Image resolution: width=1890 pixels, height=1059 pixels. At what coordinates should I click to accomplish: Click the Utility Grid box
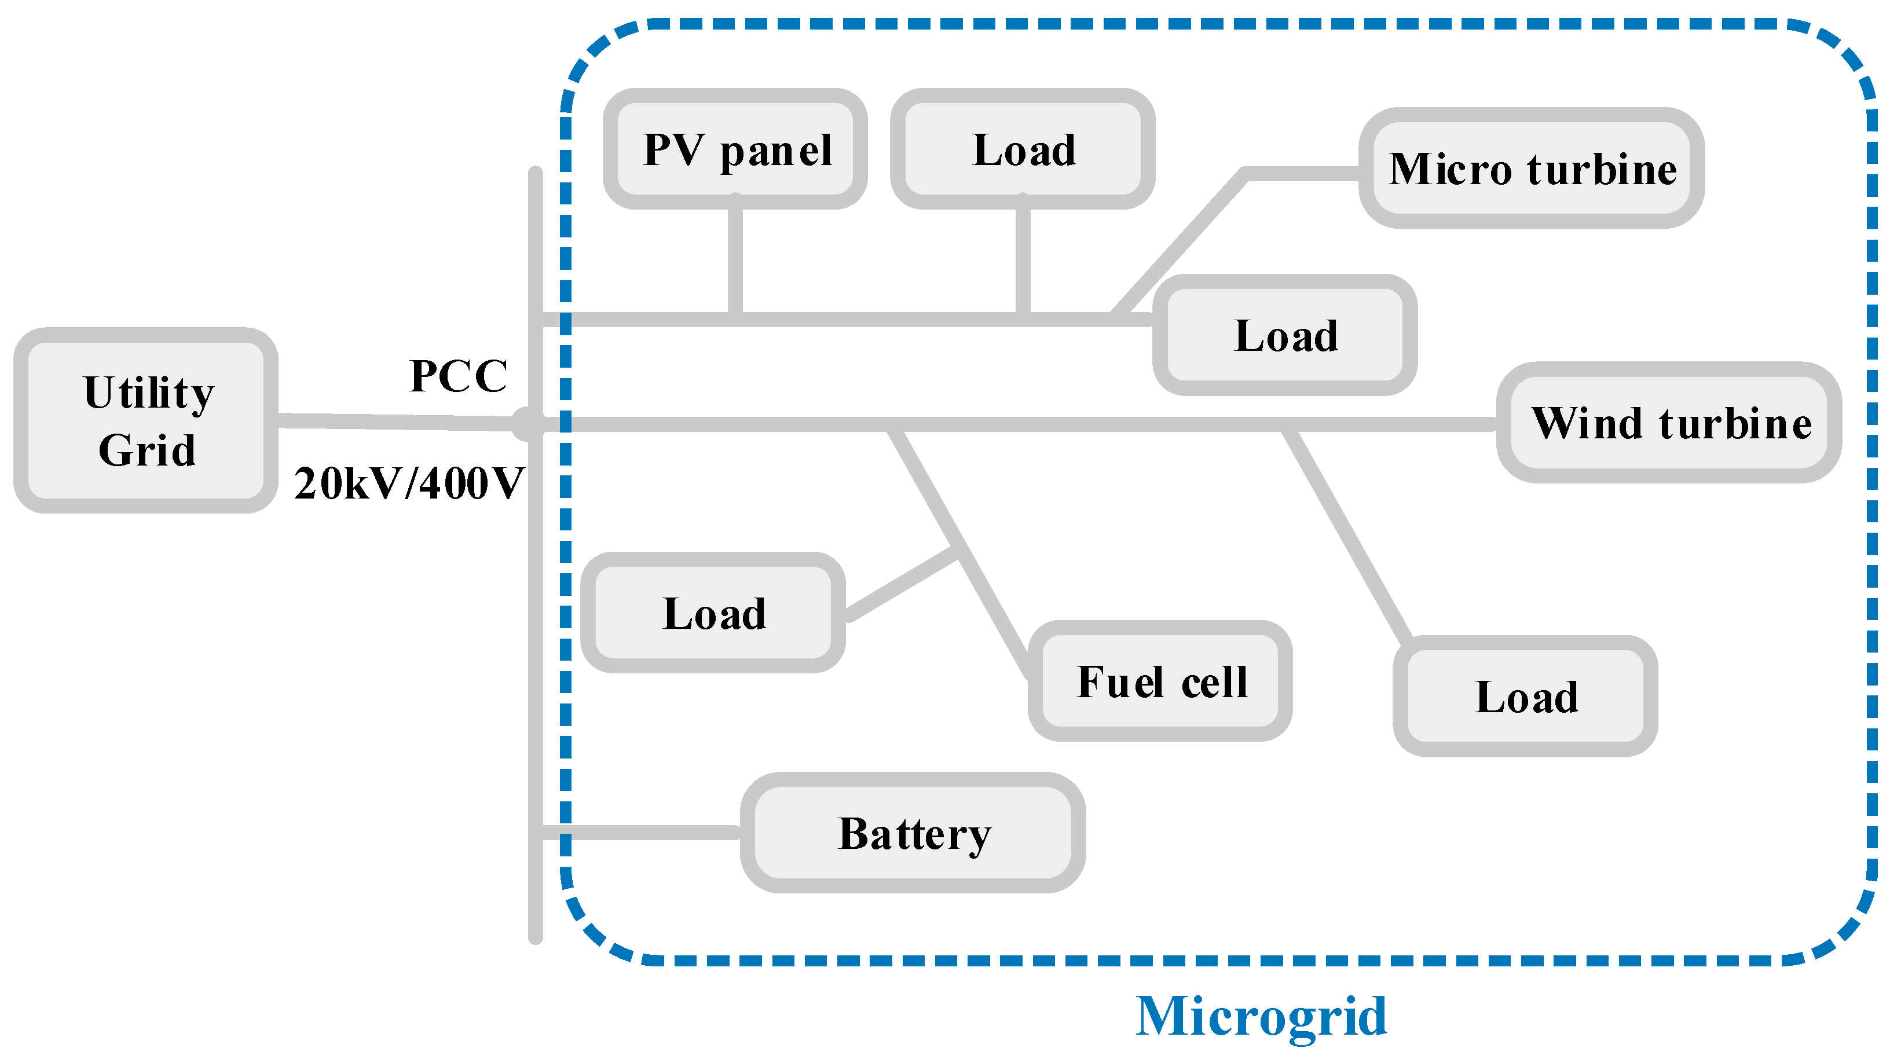tap(145, 420)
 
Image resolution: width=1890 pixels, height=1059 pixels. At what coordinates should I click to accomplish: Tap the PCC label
tap(458, 376)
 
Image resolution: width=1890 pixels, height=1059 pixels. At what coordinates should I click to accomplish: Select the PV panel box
tap(735, 150)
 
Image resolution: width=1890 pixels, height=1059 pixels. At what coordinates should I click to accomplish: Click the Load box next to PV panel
tap(1023, 150)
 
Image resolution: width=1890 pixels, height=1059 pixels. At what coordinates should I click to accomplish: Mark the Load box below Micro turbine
tap(1285, 335)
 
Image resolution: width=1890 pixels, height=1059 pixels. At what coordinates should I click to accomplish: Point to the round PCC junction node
tap(528, 423)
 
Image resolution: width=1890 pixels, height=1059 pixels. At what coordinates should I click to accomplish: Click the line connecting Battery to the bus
tap(638, 832)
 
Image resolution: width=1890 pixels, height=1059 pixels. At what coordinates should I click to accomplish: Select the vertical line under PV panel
tap(735, 257)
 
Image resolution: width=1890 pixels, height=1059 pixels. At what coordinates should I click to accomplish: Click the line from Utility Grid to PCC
tap(396, 422)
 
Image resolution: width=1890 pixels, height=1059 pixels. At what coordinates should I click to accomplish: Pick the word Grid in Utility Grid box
tap(146, 450)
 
